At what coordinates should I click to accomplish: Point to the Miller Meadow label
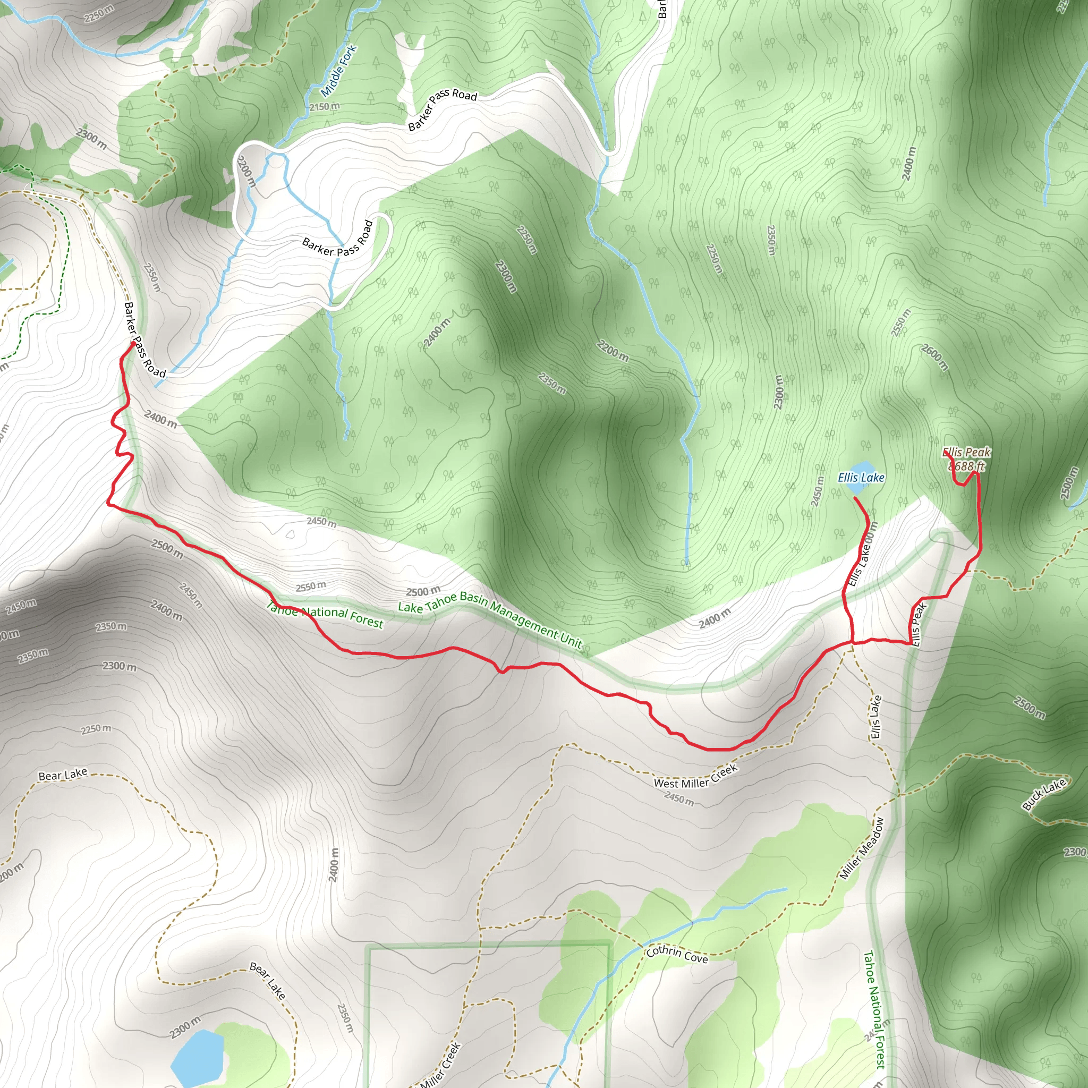pos(862,848)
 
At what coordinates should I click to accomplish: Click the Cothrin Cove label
pos(677,955)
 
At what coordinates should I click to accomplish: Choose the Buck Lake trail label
pos(1044,795)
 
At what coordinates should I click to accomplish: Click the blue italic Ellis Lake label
pos(861,478)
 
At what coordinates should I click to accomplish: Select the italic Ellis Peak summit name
pos(966,453)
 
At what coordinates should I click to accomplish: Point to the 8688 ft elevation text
pos(966,466)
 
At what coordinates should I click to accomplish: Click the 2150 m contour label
pos(325,106)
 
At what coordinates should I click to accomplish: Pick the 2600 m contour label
pos(935,357)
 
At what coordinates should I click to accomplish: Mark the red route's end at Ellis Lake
pos(855,498)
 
